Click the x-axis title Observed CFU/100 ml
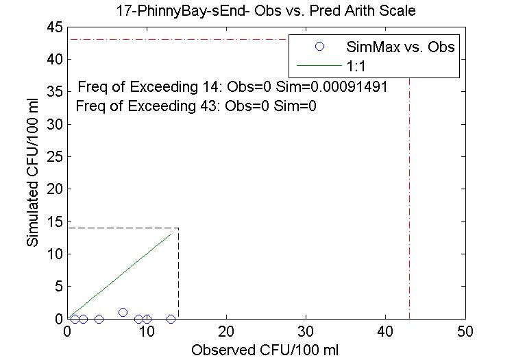pyautogui.click(x=266, y=350)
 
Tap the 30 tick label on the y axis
pyautogui.click(x=55, y=125)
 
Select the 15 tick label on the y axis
pyautogui.click(x=55, y=222)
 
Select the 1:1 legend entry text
pyautogui.click(x=363, y=66)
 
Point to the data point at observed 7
pyautogui.click(x=123, y=313)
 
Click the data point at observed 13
pyautogui.click(x=171, y=319)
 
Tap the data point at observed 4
pyautogui.click(x=99, y=319)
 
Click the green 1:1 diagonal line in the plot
pyautogui.click(x=120, y=274)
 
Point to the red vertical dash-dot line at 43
pyautogui.click(x=410, y=206)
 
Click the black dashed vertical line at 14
pyautogui.click(x=179, y=274)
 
